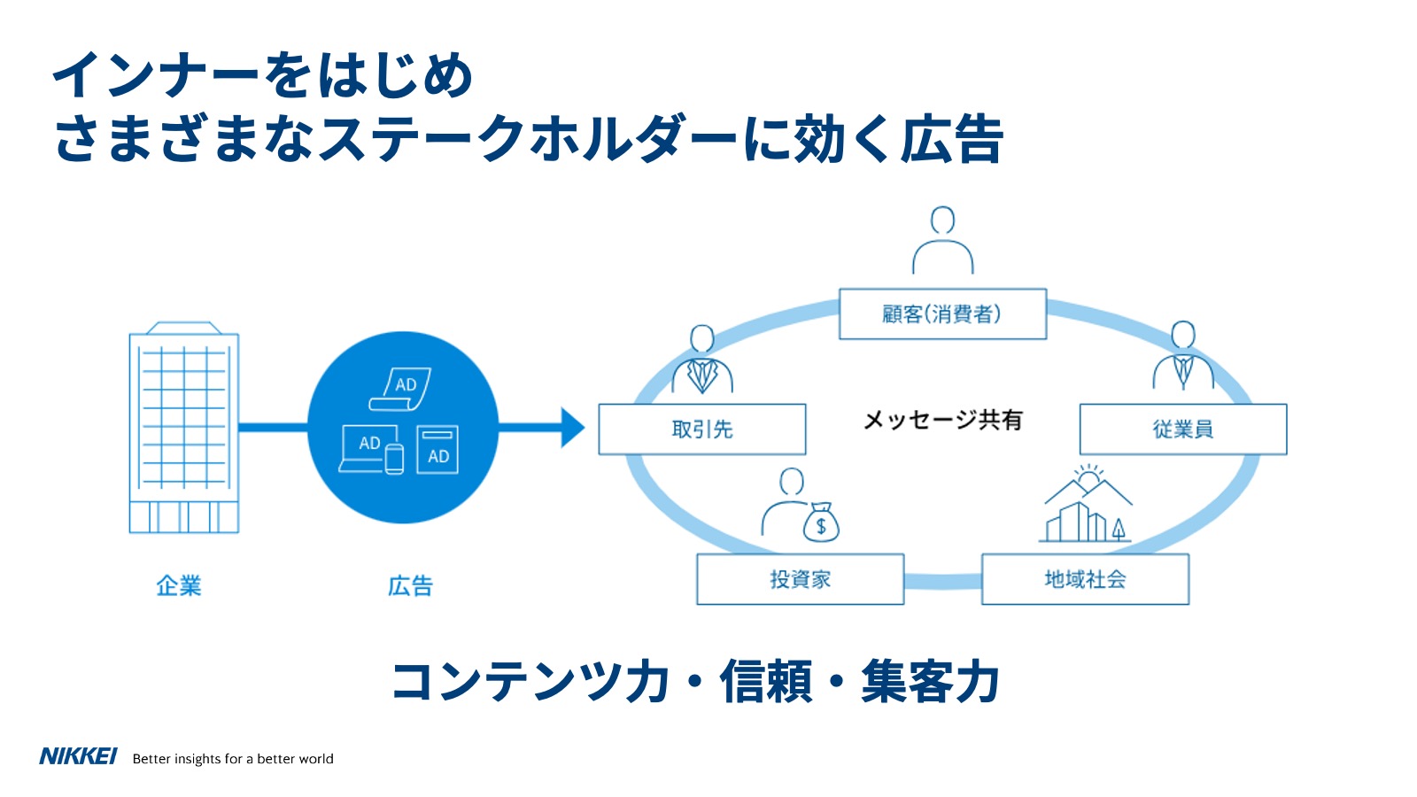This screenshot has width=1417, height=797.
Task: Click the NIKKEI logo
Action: click(x=78, y=756)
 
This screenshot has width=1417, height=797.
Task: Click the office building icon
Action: click(x=184, y=428)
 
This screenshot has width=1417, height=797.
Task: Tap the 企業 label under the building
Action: click(x=179, y=585)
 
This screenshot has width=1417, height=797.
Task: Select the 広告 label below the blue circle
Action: click(x=410, y=585)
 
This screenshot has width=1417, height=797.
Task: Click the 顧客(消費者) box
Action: click(x=942, y=314)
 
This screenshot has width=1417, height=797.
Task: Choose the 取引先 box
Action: click(x=702, y=429)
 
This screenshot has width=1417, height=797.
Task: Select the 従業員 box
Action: click(x=1182, y=429)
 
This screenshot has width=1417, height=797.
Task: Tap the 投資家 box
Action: click(x=800, y=579)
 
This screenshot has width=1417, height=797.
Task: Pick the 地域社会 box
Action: click(x=1085, y=579)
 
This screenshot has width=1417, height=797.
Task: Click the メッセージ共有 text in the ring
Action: click(x=942, y=420)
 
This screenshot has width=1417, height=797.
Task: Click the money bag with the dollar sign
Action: click(x=821, y=522)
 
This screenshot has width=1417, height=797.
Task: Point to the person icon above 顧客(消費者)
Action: click(x=943, y=241)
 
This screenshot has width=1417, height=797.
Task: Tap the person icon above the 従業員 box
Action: click(x=1183, y=356)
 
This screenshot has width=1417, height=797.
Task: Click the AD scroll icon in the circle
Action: click(x=401, y=389)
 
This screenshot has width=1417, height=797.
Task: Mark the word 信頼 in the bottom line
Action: click(x=766, y=682)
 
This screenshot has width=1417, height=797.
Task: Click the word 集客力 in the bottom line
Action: click(x=930, y=682)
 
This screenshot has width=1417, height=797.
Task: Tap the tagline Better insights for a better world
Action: click(x=233, y=759)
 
